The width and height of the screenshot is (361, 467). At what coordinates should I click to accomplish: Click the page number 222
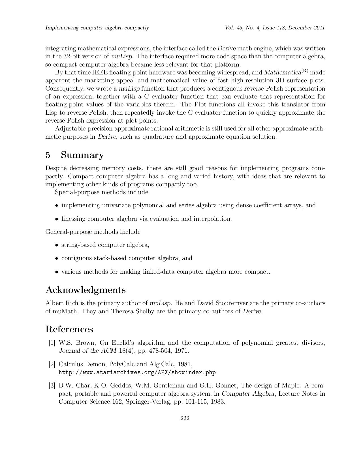[185, 418]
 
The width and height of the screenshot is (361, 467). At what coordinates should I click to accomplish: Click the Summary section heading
[82, 155]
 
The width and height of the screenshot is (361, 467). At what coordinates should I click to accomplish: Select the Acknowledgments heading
[86, 290]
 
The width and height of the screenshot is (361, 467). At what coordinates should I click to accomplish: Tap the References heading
[69, 329]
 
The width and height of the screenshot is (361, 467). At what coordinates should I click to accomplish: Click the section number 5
[48, 155]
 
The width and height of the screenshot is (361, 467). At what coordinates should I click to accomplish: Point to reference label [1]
[52, 343]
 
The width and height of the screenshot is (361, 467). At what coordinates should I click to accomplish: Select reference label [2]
[52, 364]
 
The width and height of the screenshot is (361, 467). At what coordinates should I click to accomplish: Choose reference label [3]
[52, 385]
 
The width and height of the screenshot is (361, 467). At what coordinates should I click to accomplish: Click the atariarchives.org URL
[137, 372]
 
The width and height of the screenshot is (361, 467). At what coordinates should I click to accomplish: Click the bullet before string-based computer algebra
[57, 245]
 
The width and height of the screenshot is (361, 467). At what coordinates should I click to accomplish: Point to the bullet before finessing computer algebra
[57, 219]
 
